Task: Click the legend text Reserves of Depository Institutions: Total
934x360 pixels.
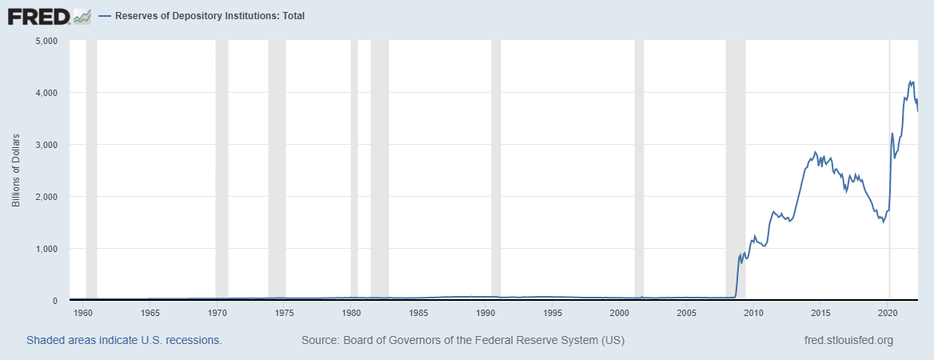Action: click(x=210, y=16)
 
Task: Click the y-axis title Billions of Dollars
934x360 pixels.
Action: click(x=15, y=170)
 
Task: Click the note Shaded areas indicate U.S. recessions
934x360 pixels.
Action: click(x=124, y=341)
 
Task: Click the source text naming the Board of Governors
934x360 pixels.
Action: click(x=463, y=341)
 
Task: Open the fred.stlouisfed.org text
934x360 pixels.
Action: click(x=848, y=341)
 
